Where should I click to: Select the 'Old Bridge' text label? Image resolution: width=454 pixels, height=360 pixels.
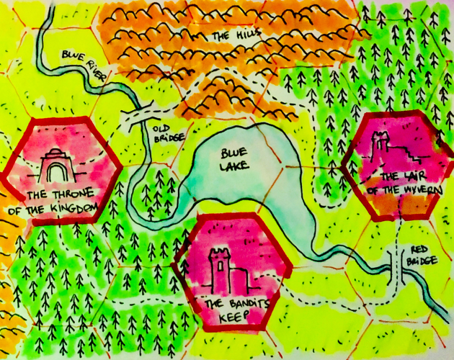point(166,134)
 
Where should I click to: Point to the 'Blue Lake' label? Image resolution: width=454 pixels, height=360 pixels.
point(232,161)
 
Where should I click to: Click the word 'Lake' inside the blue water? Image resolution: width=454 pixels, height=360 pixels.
point(235,167)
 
